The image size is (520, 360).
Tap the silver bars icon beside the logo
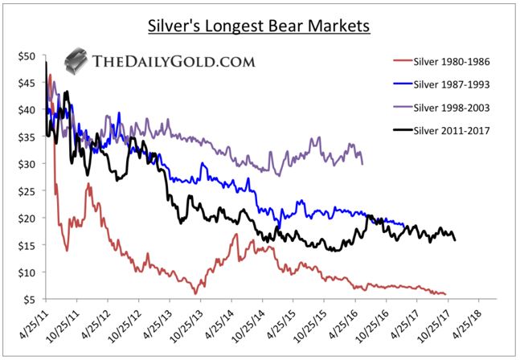tap(76, 59)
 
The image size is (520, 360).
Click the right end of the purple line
tap(362, 164)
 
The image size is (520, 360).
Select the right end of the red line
tap(444, 293)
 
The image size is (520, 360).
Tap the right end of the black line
tap(456, 239)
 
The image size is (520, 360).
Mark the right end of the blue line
tap(403, 226)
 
